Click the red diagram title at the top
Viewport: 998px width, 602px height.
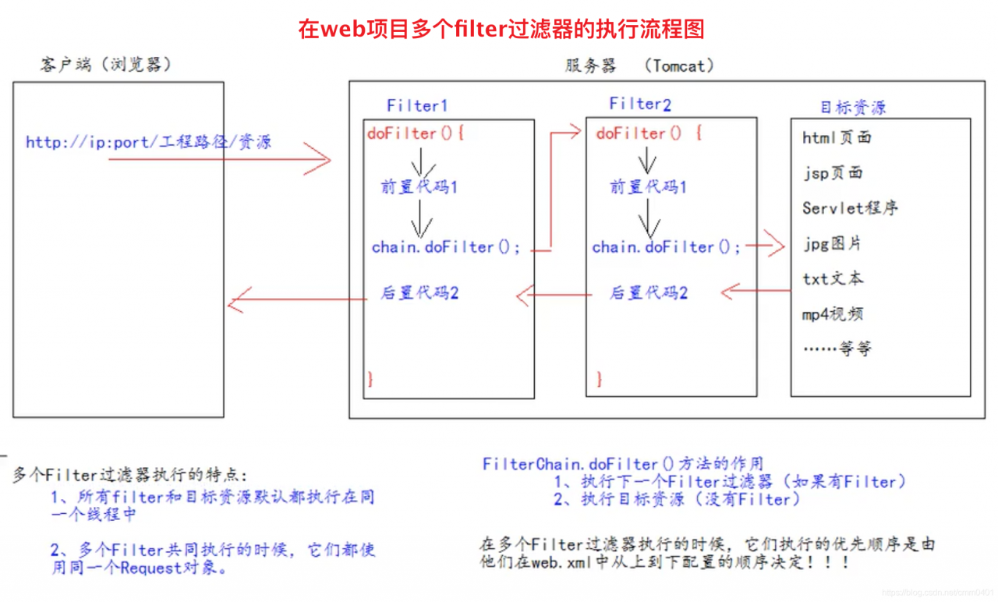pyautogui.click(x=501, y=29)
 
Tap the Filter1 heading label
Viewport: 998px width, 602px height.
pyautogui.click(x=417, y=105)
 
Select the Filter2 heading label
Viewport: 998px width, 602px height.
pyautogui.click(x=640, y=104)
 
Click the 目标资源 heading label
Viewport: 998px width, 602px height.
pyautogui.click(x=853, y=108)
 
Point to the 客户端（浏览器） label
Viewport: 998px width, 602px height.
pyautogui.click(x=106, y=65)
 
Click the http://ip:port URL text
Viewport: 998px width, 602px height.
pyautogui.click(x=148, y=142)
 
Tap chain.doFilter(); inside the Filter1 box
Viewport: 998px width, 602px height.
pyautogui.click(x=445, y=247)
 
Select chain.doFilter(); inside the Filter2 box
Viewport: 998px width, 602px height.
pyautogui.click(x=666, y=247)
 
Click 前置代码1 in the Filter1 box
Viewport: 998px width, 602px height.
pyautogui.click(x=419, y=186)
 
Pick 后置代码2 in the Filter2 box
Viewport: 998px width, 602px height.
pyautogui.click(x=648, y=292)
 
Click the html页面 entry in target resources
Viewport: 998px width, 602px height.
pyautogui.click(x=837, y=138)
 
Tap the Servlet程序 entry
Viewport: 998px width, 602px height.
pyautogui.click(x=850, y=208)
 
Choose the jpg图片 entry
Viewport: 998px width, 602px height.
pyautogui.click(x=832, y=244)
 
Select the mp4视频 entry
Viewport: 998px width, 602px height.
pyautogui.click(x=832, y=314)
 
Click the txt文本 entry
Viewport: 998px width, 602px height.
pyautogui.click(x=833, y=279)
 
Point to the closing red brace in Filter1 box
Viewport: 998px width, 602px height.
pyautogui.click(x=370, y=379)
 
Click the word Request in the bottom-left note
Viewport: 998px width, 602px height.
pyautogui.click(x=151, y=568)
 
